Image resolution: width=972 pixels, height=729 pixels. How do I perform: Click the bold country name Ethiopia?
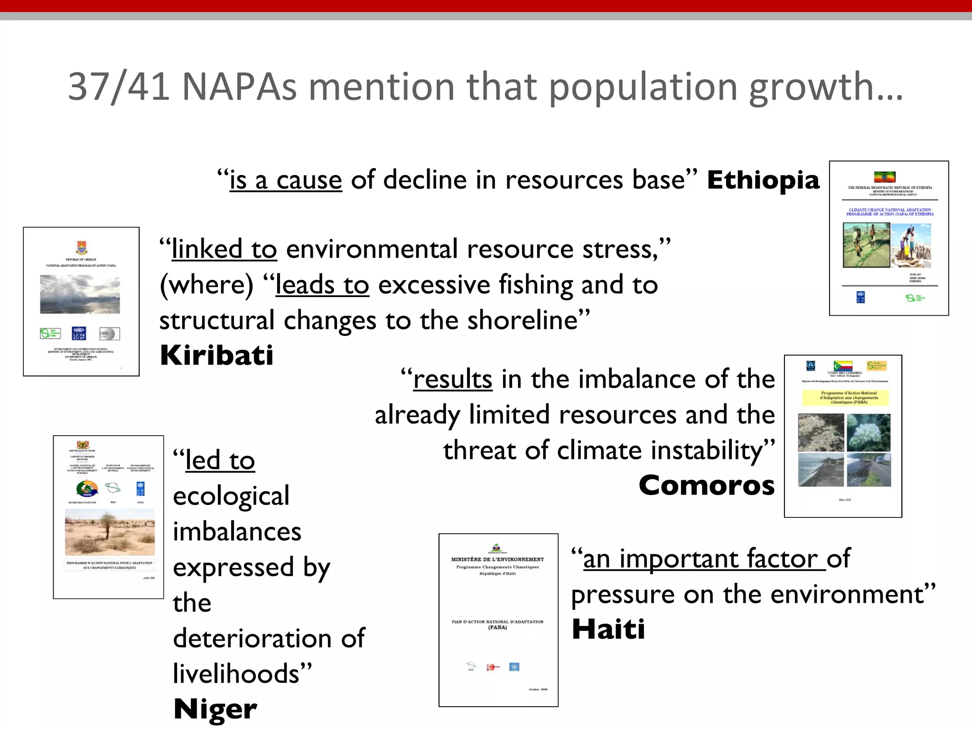click(x=763, y=180)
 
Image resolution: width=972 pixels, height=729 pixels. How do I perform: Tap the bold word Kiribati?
click(x=217, y=355)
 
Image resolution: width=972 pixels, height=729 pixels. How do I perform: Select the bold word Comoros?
click(x=707, y=486)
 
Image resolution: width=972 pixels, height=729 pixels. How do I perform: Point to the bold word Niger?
click(x=215, y=709)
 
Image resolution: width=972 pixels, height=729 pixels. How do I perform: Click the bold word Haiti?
click(x=608, y=629)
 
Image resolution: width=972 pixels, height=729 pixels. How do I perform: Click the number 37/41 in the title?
click(x=119, y=87)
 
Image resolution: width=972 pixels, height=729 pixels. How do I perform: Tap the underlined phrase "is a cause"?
click(x=286, y=180)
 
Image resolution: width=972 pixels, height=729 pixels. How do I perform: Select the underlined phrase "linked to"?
click(x=224, y=249)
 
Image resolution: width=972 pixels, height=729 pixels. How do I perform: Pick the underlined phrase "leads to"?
click(x=322, y=285)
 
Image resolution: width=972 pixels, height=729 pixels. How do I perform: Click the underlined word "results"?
click(x=453, y=379)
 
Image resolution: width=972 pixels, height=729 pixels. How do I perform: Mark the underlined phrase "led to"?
click(x=220, y=460)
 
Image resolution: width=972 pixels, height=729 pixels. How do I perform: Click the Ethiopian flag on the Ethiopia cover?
click(x=885, y=177)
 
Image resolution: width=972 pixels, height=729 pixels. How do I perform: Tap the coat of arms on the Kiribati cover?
click(x=81, y=247)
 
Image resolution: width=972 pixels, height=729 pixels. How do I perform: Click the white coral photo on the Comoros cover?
click(x=869, y=432)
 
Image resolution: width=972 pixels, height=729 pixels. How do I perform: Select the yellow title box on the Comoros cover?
click(x=845, y=398)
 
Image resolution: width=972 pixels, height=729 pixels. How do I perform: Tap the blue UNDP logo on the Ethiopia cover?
click(x=860, y=297)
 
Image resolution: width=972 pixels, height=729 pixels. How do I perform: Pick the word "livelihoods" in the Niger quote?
click(x=236, y=674)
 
